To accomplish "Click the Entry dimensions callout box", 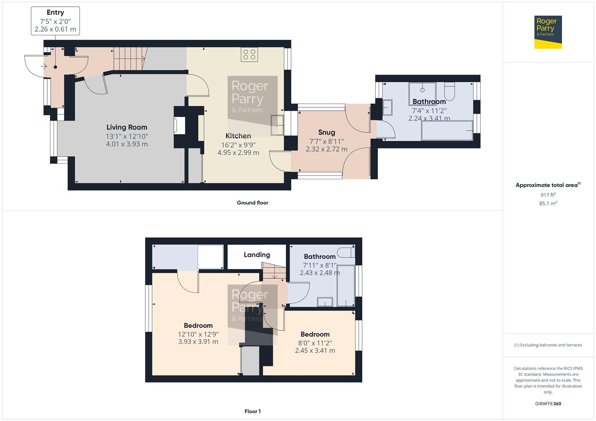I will (55, 21).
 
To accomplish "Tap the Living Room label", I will (127, 127).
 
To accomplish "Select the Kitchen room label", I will (238, 136).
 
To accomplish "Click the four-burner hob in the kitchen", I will (249, 55).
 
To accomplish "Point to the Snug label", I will (326, 132).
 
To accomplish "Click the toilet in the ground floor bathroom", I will (450, 90).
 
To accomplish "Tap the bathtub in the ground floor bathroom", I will (447, 130).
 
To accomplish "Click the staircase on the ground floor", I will (129, 58).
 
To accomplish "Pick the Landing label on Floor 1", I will (257, 255).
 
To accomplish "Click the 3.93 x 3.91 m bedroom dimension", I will (198, 342).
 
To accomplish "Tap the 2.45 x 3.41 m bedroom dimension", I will (315, 350).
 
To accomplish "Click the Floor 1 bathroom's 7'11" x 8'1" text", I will (320, 265).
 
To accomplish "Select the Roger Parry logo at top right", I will (548, 32).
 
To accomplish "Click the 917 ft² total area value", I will (548, 195).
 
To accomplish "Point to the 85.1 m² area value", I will (548, 203).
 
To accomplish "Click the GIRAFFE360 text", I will (548, 404).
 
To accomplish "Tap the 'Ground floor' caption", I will (253, 203).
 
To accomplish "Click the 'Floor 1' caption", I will (253, 411).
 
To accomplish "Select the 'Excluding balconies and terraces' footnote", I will (548, 345).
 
